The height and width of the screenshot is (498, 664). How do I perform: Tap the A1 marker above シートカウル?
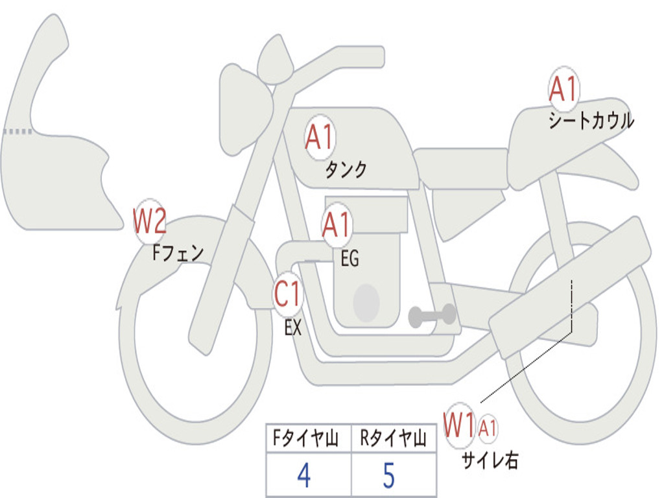coord(563,90)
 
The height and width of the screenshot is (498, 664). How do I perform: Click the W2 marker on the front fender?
coord(150,221)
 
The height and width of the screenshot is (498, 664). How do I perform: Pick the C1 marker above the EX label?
coord(288,295)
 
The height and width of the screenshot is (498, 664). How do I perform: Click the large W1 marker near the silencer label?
coord(460,425)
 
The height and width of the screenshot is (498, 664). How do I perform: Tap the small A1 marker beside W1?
coord(488,428)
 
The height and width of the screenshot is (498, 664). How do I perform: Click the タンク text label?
coord(346,170)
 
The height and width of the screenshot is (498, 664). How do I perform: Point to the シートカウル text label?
coord(591,121)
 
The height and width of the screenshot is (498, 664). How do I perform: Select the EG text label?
coord(350,259)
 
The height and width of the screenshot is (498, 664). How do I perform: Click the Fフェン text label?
coord(178,253)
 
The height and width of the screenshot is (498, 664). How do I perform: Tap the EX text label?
coord(293,328)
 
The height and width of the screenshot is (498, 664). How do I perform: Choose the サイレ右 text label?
coord(490,460)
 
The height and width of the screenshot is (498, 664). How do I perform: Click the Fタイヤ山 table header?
coord(303,440)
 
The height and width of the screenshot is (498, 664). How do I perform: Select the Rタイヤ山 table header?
coord(393,440)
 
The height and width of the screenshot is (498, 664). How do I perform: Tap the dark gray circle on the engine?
coord(366,303)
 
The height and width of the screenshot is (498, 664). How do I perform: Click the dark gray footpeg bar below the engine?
coord(432,316)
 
